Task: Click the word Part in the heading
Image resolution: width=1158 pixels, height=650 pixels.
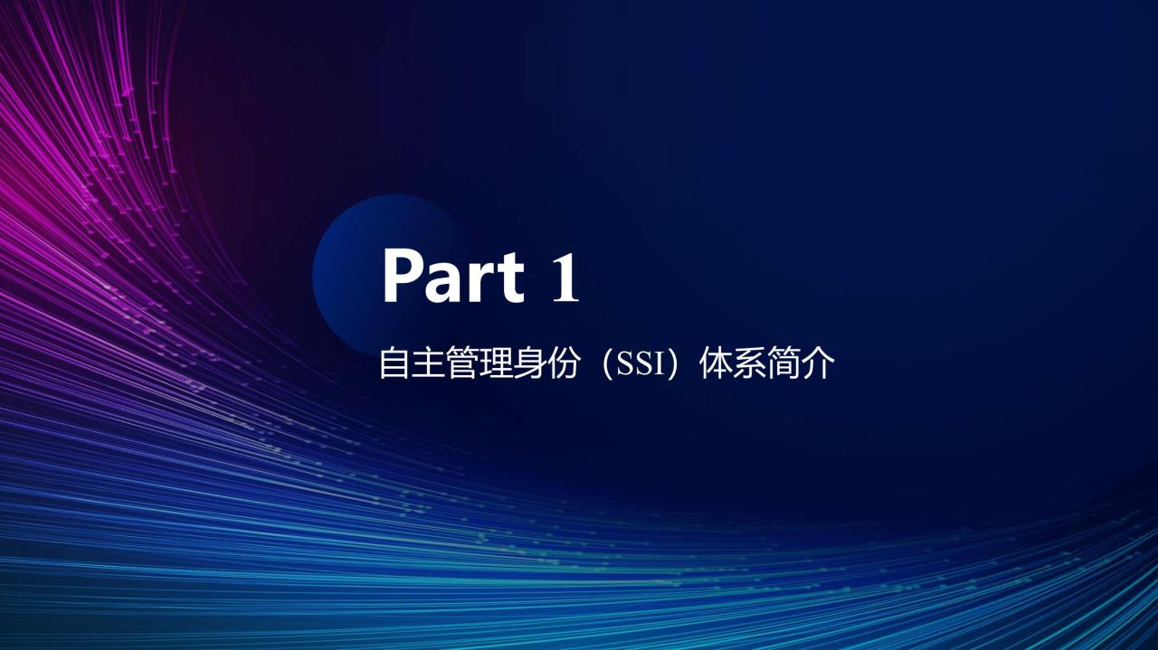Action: (453, 276)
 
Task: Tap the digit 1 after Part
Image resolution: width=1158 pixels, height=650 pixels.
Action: (565, 277)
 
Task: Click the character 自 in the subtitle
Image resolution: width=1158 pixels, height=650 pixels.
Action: (394, 363)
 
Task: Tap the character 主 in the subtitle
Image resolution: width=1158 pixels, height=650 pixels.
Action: (427, 363)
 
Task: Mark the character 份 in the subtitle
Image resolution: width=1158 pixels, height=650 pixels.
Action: (562, 363)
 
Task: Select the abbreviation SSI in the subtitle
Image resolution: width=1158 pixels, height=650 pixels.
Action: (641, 364)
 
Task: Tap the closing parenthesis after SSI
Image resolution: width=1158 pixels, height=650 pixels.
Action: (672, 363)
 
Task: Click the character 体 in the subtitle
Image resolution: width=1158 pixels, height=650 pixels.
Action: (716, 363)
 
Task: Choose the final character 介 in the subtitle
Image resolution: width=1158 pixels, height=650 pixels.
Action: (818, 363)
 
